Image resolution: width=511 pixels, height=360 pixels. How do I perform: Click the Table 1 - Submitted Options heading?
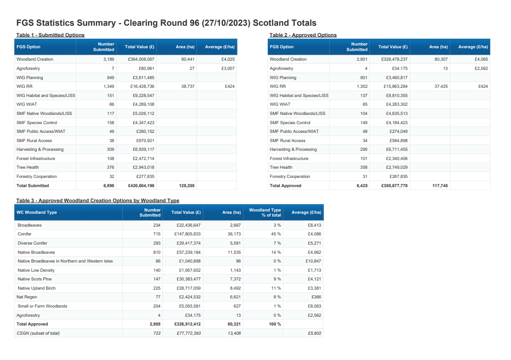click(50, 35)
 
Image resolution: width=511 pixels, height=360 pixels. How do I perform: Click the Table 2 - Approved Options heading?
click(303, 35)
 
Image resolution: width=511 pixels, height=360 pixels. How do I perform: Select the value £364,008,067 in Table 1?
click(141, 59)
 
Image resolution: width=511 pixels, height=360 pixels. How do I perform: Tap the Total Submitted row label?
click(33, 186)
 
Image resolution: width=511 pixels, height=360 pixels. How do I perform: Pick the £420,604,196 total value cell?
click(141, 186)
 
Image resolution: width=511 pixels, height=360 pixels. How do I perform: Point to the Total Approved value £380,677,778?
click(394, 186)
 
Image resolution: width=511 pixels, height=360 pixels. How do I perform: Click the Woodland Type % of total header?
click(265, 212)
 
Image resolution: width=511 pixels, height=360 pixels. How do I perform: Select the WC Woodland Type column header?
click(37, 212)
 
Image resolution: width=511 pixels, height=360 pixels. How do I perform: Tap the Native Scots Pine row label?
click(34, 279)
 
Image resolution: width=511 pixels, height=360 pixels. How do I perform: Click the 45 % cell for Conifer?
click(276, 234)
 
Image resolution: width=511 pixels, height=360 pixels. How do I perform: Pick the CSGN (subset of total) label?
click(38, 333)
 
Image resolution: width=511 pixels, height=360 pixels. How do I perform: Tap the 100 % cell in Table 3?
click(275, 324)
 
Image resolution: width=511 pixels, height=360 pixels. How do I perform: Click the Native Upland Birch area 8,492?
click(235, 288)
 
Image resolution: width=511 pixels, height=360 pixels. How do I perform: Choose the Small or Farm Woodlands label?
click(42, 306)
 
